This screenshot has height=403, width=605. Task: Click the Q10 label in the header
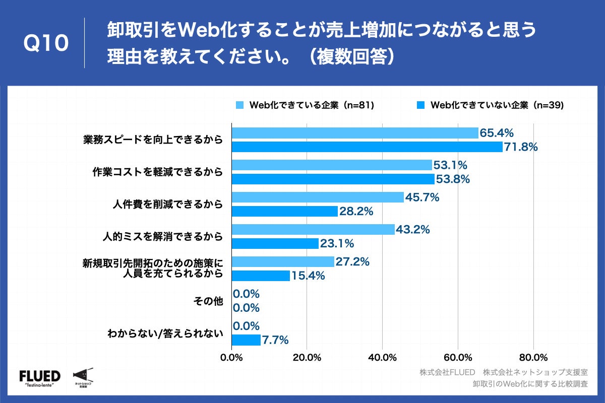[46, 43]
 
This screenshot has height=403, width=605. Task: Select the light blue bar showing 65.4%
[354, 133]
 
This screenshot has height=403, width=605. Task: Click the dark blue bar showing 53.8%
[333, 179]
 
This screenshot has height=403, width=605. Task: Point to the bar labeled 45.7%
[318, 197]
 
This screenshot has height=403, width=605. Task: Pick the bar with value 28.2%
[284, 212]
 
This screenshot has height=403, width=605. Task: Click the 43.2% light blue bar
[313, 230]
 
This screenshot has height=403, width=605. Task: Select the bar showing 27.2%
[283, 262]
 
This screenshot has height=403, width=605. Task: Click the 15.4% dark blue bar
[261, 276]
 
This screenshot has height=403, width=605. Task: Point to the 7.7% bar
[246, 340]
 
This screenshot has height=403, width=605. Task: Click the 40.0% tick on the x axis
[382, 358]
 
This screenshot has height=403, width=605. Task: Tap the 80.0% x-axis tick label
[533, 358]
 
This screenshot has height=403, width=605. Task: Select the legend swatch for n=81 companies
[239, 105]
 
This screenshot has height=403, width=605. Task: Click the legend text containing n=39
[497, 105]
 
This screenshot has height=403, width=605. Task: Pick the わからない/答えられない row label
[165, 333]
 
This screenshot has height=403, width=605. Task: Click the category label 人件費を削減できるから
[167, 205]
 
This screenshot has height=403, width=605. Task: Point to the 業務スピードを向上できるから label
[153, 140]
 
